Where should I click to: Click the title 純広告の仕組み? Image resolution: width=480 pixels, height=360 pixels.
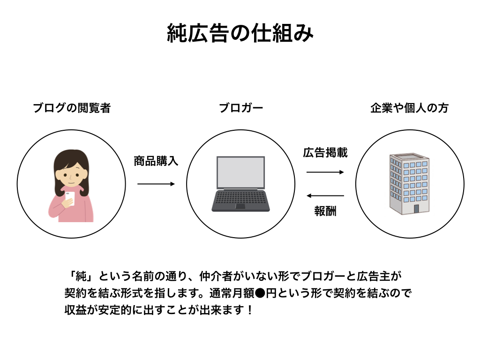[240, 34]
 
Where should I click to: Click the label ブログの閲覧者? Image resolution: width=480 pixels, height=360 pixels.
[71, 108]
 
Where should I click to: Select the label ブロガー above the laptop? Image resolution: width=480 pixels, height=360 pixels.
[241, 108]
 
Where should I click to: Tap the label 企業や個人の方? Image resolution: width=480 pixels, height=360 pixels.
[409, 108]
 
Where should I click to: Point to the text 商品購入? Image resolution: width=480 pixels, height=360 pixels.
[156, 161]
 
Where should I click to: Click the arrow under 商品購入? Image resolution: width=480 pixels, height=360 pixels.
[156, 184]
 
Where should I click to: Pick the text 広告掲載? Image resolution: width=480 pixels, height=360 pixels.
[325, 153]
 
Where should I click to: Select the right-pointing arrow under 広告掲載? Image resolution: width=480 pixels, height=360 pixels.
[325, 172]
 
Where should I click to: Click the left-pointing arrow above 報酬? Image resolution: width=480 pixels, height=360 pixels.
[325, 195]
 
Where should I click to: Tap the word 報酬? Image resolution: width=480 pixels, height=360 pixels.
[325, 211]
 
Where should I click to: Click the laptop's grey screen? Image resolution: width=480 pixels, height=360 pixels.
[240, 171]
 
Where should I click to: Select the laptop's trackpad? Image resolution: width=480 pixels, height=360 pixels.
[240, 206]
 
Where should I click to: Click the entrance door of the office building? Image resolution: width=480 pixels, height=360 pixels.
[416, 209]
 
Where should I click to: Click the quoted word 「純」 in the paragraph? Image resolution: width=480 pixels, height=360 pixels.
[75, 276]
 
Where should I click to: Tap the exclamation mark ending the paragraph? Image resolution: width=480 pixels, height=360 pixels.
[249, 310]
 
